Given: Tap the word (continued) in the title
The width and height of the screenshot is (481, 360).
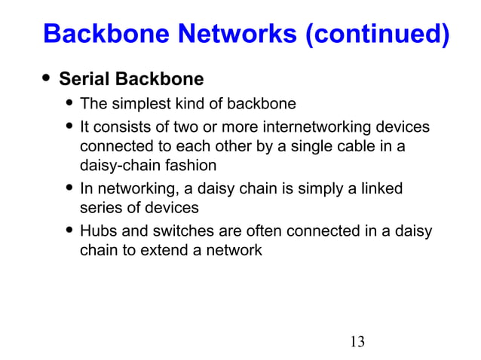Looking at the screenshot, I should (x=376, y=35).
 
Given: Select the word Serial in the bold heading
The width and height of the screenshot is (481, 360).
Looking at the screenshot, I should (x=84, y=79).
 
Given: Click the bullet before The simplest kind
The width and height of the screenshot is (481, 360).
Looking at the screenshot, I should (x=70, y=103).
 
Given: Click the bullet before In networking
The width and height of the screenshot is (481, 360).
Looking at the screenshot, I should (x=70, y=188).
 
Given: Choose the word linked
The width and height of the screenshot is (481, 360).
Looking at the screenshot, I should (x=380, y=188).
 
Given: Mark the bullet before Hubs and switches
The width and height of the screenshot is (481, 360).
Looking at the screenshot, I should (x=70, y=230).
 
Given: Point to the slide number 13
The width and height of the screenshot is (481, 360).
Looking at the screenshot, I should (x=357, y=341).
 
